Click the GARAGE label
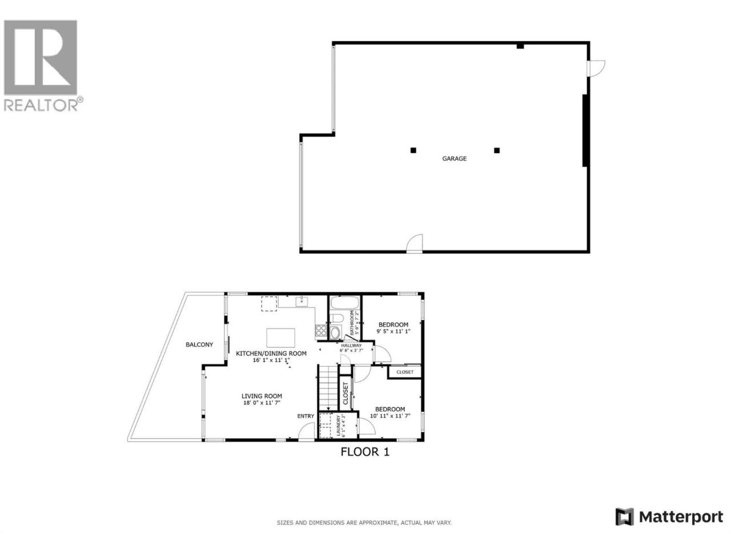pos(454,158)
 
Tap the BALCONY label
pos(199,345)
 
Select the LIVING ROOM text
pos(262,396)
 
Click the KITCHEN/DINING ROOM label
pos(271,353)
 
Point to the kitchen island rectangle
pos(280,337)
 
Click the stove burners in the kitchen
pos(321,331)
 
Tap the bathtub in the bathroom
pos(344,303)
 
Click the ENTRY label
pos(306,416)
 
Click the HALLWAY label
pos(351,345)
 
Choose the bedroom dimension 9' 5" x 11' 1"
pos(393,331)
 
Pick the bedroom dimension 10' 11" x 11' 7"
pos(390,416)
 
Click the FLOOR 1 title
pos(365,452)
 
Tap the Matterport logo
pos(669,526)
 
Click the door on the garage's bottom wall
pos(414,244)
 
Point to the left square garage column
pos(413,150)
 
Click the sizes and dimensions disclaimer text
pos(364,523)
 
